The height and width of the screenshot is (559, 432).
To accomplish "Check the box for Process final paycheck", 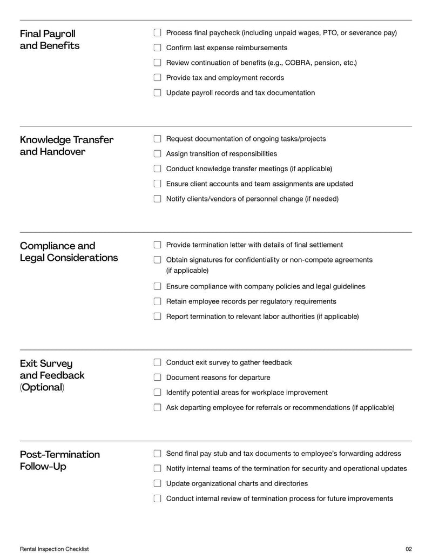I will (x=158, y=33).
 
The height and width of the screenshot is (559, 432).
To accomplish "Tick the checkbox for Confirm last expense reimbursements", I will (x=158, y=48).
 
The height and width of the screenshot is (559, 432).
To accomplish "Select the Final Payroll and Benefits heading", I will (x=50, y=39).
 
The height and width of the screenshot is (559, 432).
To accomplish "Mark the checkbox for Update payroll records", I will (x=158, y=93).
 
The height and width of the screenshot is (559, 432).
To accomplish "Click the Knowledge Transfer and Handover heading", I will (x=66, y=146).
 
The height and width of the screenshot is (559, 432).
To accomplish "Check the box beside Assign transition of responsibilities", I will (x=158, y=154).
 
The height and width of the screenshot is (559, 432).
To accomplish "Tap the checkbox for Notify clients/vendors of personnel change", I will (x=158, y=199).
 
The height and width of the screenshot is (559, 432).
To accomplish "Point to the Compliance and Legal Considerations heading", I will (x=69, y=252).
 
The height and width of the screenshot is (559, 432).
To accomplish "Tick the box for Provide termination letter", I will (x=158, y=245).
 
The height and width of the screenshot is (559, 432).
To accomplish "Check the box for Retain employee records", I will (x=158, y=301).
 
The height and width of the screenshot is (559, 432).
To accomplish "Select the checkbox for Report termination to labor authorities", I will (x=158, y=316).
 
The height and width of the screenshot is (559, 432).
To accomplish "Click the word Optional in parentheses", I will (x=42, y=387).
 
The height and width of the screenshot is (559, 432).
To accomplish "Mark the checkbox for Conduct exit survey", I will (x=158, y=362).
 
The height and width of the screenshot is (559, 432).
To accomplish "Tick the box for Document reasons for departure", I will (x=158, y=378).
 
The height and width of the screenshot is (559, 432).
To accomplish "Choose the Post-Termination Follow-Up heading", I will (x=60, y=460).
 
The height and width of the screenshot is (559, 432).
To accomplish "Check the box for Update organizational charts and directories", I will (x=158, y=483).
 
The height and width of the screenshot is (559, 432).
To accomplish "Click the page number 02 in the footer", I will (x=408, y=549).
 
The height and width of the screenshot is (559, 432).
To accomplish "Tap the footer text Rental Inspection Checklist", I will (x=55, y=549).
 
